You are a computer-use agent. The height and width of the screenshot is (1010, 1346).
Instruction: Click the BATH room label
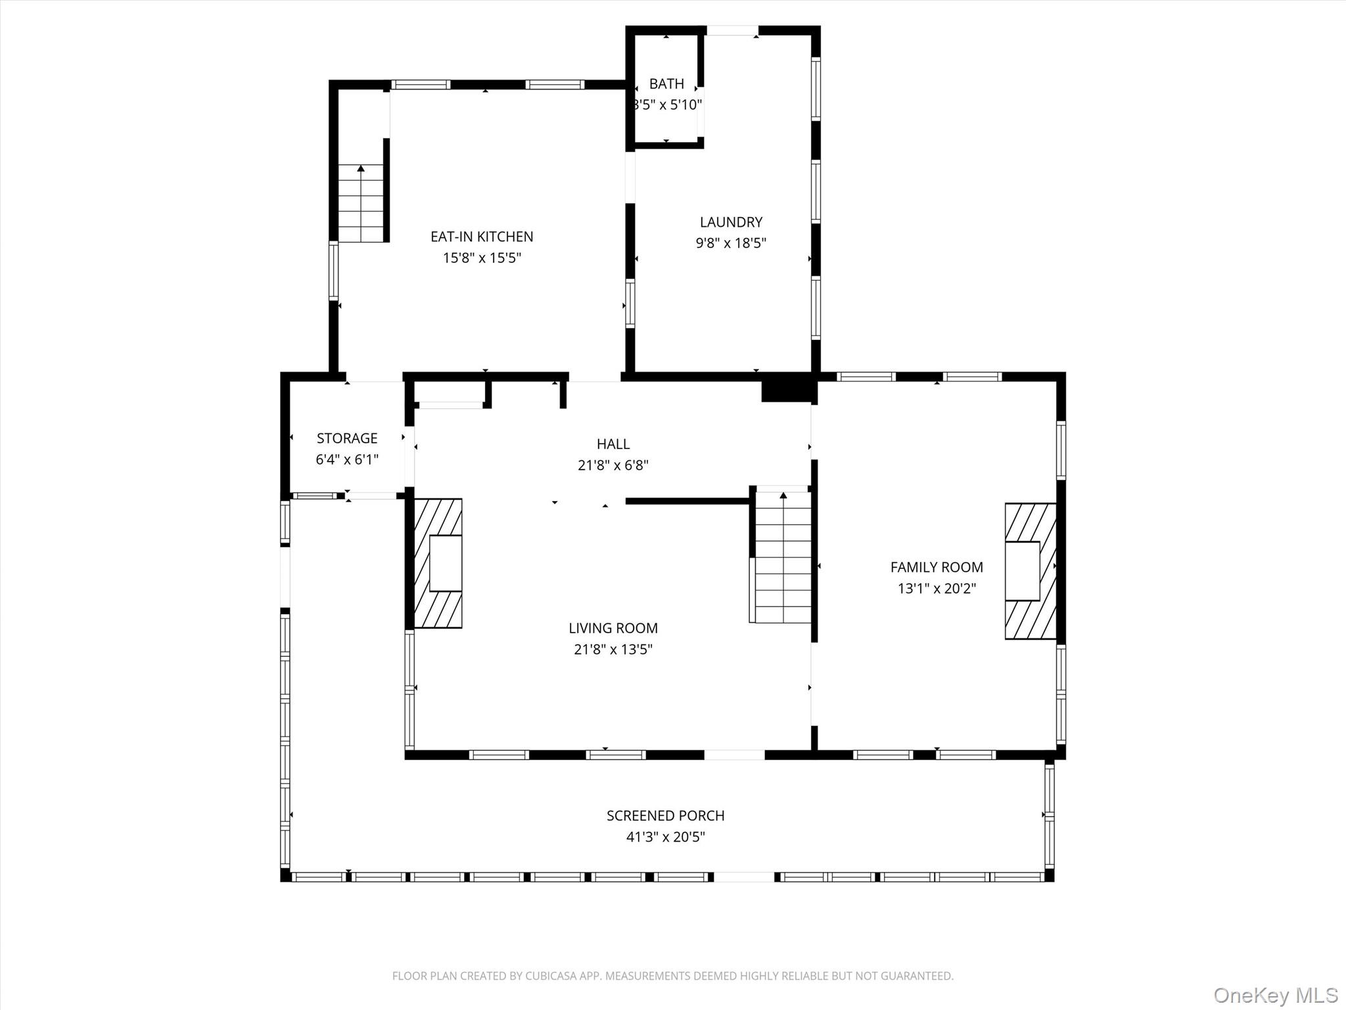coord(666,84)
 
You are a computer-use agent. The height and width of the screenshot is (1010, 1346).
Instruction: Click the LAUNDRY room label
coord(731,222)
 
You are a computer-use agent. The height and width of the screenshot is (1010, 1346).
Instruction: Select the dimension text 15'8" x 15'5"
coord(482,258)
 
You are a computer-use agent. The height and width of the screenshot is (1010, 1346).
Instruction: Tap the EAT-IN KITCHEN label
coord(482,237)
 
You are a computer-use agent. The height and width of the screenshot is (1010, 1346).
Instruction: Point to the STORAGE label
coord(347,439)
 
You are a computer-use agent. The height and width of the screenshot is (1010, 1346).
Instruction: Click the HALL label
coord(613,444)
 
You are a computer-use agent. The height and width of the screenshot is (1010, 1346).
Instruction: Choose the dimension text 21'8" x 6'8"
coord(613,466)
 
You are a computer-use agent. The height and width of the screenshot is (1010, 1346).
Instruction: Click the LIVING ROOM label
coord(613,628)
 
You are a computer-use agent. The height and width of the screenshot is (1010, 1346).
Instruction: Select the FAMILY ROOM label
coord(937,567)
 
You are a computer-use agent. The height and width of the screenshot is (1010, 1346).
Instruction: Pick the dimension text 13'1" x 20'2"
coord(937,589)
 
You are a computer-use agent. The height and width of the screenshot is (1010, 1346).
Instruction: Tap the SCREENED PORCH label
coord(665,815)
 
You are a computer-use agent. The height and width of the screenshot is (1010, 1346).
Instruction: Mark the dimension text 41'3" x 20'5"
coord(665,837)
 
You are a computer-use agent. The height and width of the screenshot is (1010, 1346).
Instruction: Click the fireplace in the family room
coord(1030,571)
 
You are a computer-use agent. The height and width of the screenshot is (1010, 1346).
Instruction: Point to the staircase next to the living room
coord(782,556)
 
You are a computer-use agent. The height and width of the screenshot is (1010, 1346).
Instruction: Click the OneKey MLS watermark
coord(1275,996)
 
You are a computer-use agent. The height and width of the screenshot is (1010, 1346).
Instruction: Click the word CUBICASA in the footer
coord(551,976)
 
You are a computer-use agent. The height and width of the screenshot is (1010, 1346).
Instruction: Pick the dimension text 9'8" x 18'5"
coord(731,243)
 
